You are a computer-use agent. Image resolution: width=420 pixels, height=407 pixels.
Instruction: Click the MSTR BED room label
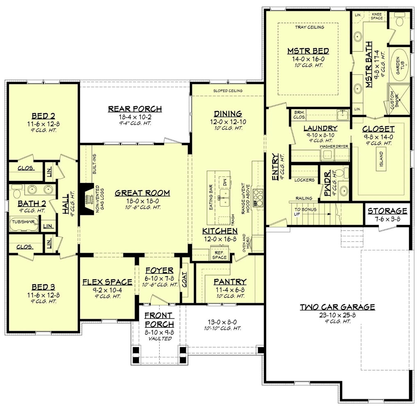(308, 51)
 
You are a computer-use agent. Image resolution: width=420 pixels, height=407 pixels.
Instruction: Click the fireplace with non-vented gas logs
(87, 198)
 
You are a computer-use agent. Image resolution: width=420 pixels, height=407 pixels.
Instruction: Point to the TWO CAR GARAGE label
(337, 306)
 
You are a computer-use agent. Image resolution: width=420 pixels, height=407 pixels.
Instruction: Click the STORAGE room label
(387, 211)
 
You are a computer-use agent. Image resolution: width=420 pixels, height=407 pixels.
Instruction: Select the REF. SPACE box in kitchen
(219, 255)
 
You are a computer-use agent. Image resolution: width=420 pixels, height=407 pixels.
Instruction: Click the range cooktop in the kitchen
(259, 197)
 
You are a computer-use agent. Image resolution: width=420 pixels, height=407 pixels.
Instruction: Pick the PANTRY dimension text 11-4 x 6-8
(230, 290)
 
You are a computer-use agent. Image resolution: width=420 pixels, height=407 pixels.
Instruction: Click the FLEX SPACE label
(107, 282)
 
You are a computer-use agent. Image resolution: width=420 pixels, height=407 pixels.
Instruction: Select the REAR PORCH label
(135, 109)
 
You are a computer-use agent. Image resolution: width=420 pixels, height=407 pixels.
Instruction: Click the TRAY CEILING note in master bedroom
(310, 27)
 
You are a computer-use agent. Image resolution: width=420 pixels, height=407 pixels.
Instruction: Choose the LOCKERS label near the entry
(304, 180)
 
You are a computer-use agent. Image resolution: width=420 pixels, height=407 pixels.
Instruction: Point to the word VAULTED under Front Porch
(159, 338)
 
